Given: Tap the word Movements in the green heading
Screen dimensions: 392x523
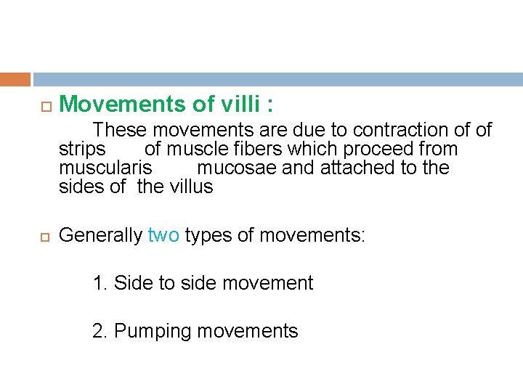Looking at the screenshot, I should pyautogui.click(x=122, y=105).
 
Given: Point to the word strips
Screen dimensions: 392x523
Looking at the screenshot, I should pyautogui.click(x=82, y=150).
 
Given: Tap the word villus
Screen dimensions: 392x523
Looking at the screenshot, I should pyautogui.click(x=191, y=187).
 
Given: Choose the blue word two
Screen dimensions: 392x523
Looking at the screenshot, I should pyautogui.click(x=163, y=235).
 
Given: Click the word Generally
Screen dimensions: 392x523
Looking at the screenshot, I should pyautogui.click(x=100, y=235).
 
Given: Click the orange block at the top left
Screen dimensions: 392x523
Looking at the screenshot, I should pyautogui.click(x=15, y=79).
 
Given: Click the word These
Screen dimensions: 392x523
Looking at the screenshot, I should pyautogui.click(x=119, y=131).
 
